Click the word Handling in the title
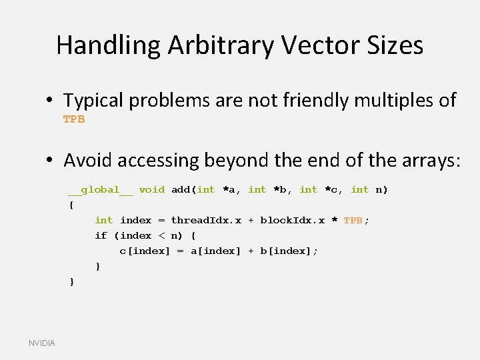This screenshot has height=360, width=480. pos(109,45)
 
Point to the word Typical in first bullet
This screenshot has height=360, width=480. pos(93,101)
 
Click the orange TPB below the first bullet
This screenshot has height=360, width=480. pos(74,119)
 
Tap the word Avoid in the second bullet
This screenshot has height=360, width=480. pos(85,160)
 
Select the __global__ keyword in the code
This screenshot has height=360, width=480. pos(100,190)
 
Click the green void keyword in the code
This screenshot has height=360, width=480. pos(151,190)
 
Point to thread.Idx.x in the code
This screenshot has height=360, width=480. pos(206,221)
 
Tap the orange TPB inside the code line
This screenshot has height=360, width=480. pos(353,221)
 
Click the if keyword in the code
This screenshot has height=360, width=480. pos(101,236)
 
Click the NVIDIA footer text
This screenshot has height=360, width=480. pos(42,343)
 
